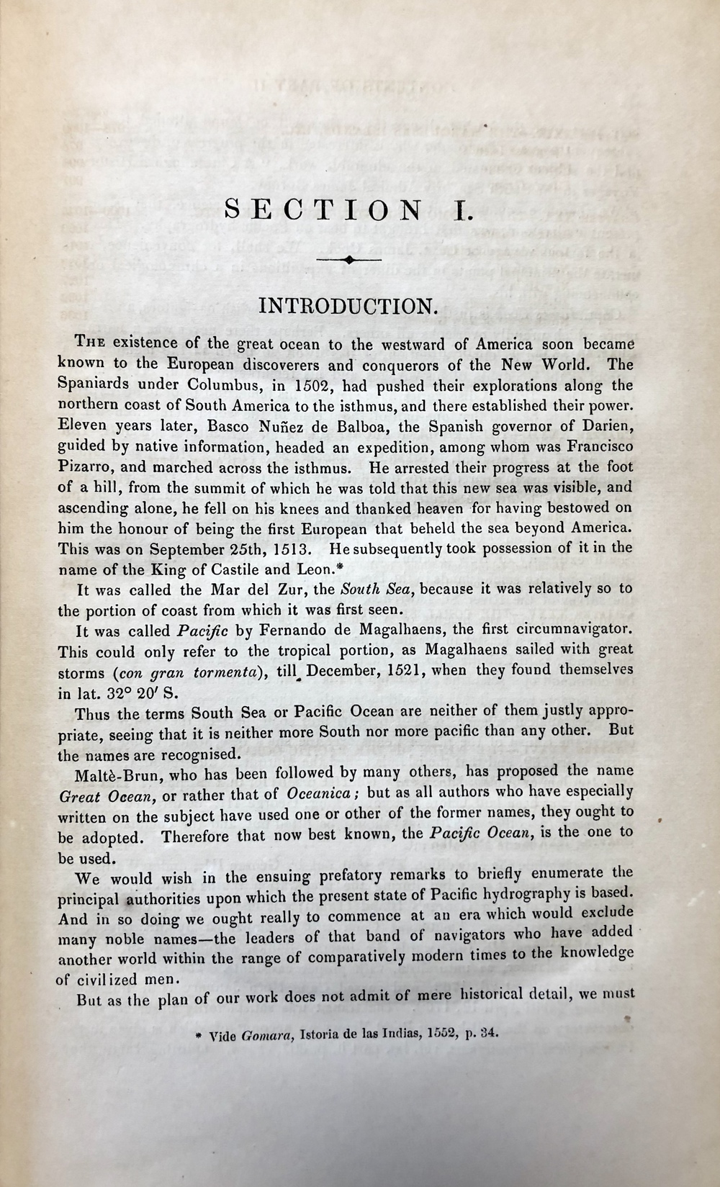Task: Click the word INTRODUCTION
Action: (347, 305)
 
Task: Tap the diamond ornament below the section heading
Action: (349, 261)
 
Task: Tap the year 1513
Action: (287, 548)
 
